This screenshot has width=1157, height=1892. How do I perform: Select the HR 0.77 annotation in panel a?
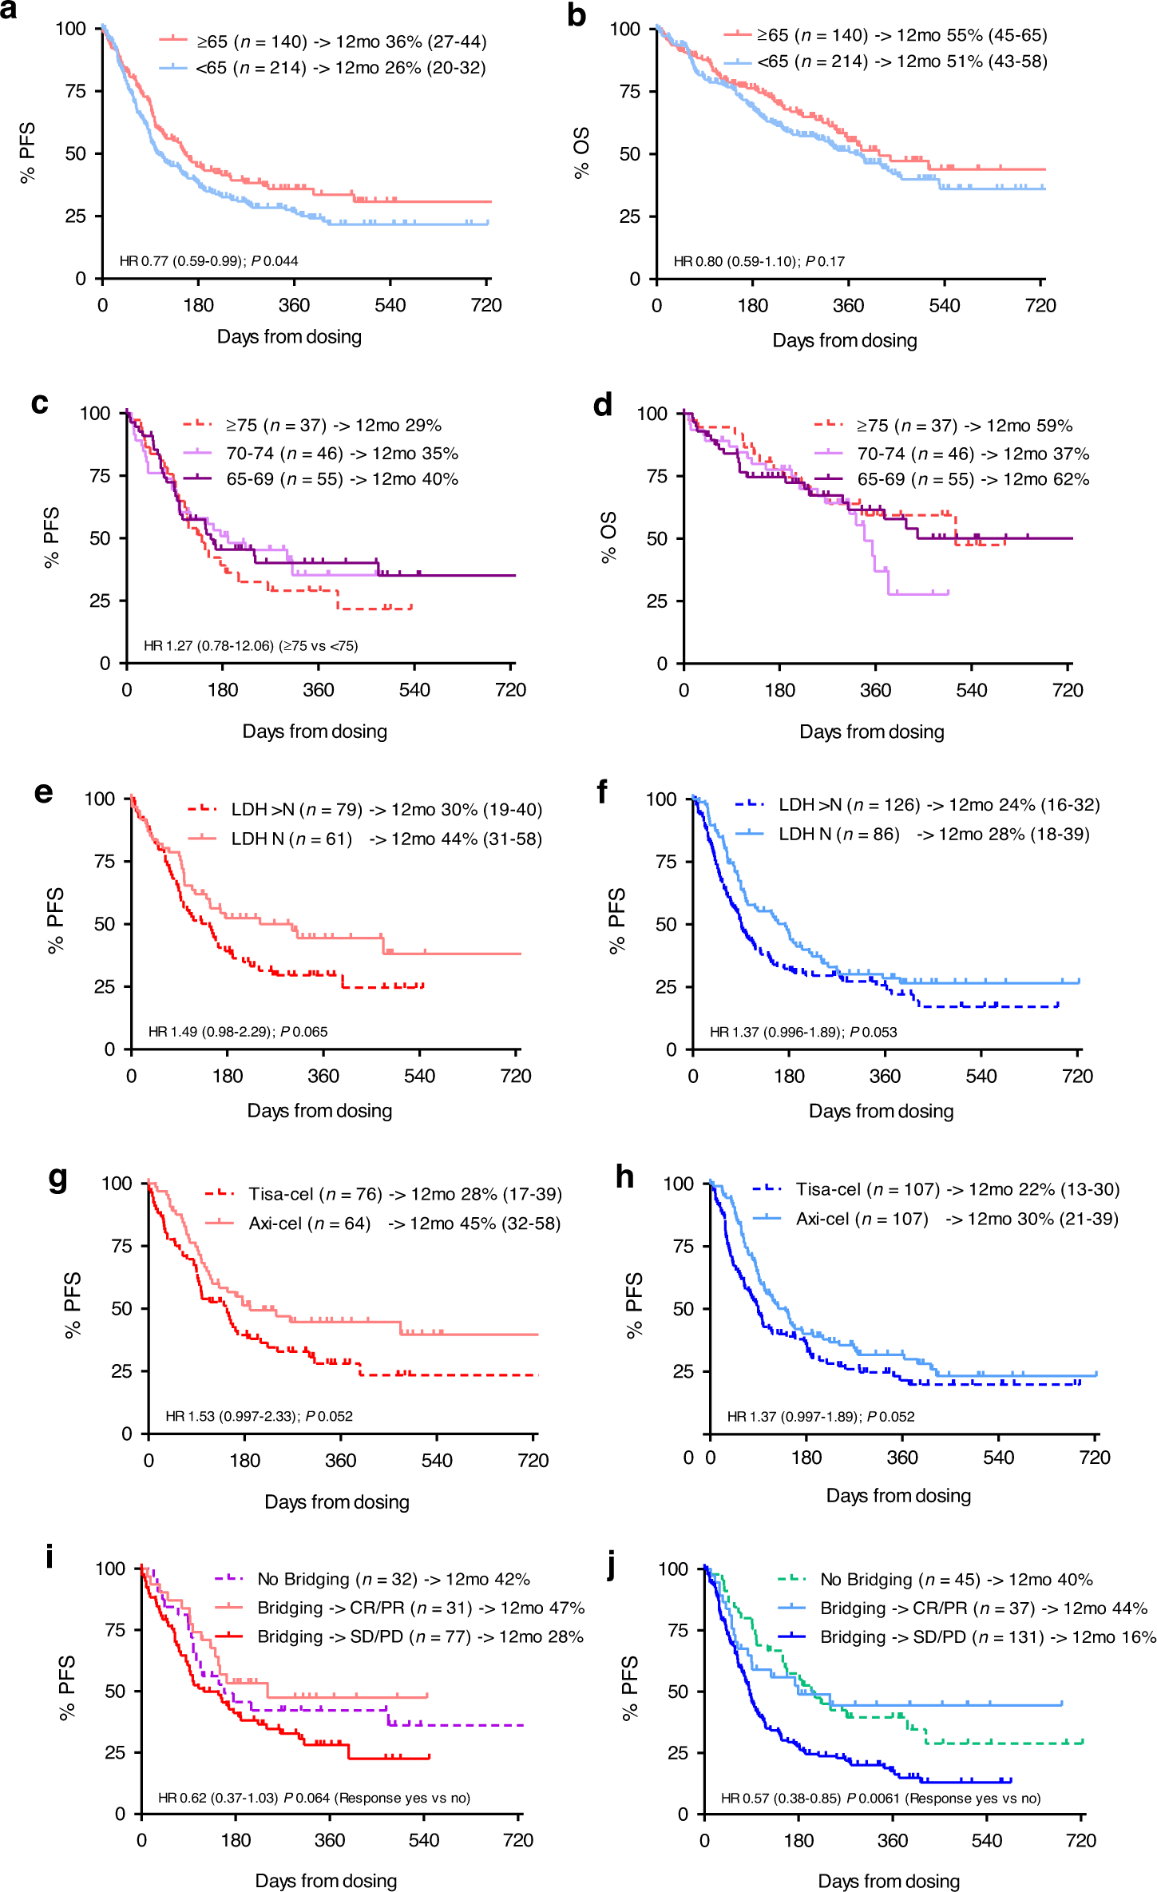(x=208, y=260)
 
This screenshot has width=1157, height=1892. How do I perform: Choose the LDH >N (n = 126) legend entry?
(x=938, y=805)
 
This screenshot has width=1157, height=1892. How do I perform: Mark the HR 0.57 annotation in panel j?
(x=880, y=1798)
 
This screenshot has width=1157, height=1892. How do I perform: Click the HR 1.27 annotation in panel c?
(x=251, y=645)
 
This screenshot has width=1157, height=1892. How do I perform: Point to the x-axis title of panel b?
(x=844, y=340)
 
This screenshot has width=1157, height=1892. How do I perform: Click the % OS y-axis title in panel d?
(x=608, y=537)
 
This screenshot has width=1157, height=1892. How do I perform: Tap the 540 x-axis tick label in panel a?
(x=390, y=305)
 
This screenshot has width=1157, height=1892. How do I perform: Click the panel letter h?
(x=624, y=1177)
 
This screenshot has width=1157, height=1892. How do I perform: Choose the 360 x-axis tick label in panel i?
(x=330, y=1840)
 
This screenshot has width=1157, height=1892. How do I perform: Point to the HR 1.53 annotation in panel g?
(x=259, y=1416)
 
